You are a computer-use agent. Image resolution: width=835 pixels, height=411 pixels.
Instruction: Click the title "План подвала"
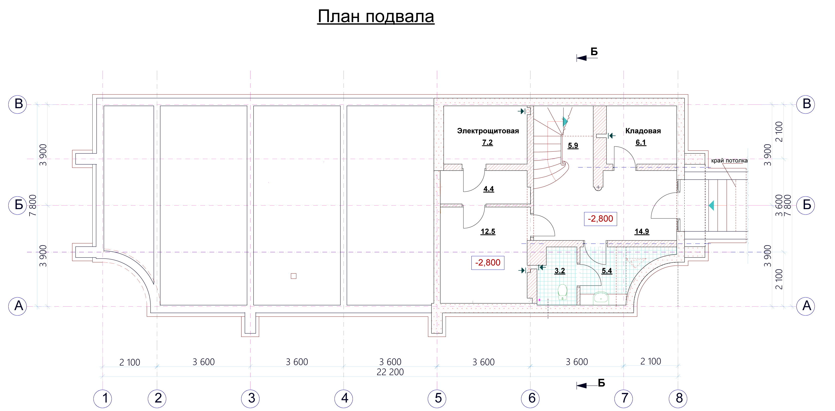376,16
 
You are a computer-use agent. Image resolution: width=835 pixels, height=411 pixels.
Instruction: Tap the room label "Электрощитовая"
488,131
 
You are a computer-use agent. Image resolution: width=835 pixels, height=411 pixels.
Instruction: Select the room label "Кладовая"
643,131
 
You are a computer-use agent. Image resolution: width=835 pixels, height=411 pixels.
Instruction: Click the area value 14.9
642,231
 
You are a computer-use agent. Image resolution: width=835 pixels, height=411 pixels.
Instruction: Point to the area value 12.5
488,231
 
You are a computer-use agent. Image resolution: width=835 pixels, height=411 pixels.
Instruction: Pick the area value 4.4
488,189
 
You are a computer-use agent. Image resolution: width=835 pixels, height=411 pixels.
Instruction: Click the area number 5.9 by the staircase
573,145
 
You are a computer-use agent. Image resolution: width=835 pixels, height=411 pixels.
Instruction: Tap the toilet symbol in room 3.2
563,292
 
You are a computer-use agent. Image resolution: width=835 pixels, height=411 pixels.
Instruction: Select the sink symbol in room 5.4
601,297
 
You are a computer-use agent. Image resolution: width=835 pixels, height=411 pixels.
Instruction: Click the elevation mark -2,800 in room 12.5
487,262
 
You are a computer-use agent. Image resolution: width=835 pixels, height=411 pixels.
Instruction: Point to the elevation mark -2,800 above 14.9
600,219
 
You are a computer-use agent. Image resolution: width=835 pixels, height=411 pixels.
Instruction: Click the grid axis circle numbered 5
437,398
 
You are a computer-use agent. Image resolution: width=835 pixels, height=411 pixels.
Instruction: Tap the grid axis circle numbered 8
678,398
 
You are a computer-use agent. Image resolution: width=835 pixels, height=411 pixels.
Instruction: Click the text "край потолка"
729,160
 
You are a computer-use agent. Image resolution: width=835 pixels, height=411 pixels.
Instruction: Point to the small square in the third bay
293,276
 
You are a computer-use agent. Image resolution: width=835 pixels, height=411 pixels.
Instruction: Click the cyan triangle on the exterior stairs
711,205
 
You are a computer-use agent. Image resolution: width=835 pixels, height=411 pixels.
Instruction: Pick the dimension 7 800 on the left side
33,205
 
